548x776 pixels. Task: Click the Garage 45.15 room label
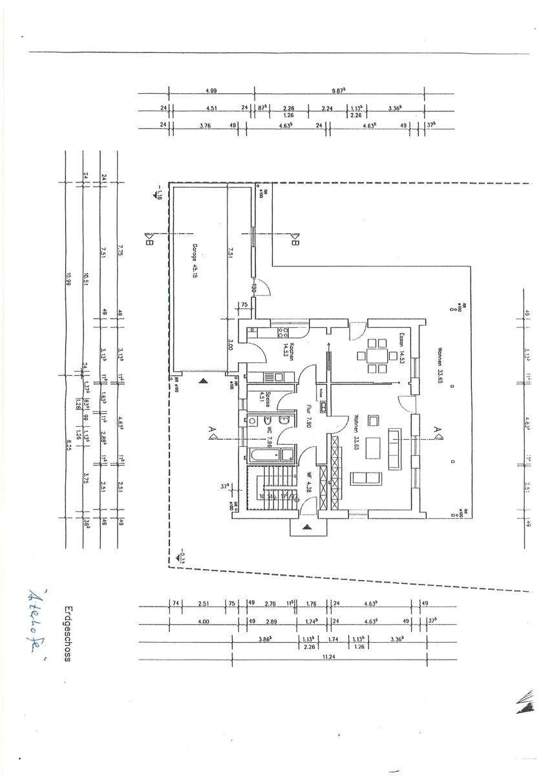(194, 261)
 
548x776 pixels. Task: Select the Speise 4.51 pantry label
(262, 397)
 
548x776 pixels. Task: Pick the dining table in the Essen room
(376, 355)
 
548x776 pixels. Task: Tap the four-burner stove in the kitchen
(282, 333)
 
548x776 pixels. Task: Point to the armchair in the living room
(373, 421)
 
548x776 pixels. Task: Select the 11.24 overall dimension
(330, 656)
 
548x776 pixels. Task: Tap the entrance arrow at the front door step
(308, 526)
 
